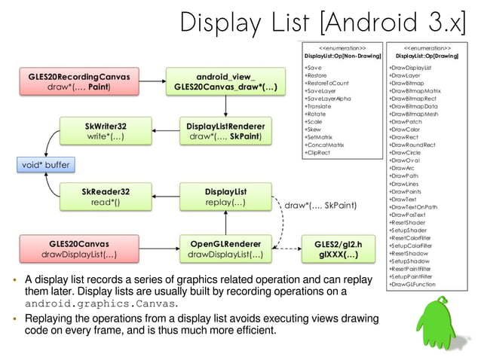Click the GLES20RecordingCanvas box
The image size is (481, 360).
(74, 81)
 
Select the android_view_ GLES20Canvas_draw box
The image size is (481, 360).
(225, 81)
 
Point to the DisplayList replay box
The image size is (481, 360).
(225, 197)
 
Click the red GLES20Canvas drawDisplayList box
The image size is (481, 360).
(74, 249)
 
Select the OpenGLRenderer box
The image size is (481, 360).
(225, 249)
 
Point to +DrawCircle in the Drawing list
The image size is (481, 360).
(406, 152)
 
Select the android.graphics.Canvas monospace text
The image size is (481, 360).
(101, 304)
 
